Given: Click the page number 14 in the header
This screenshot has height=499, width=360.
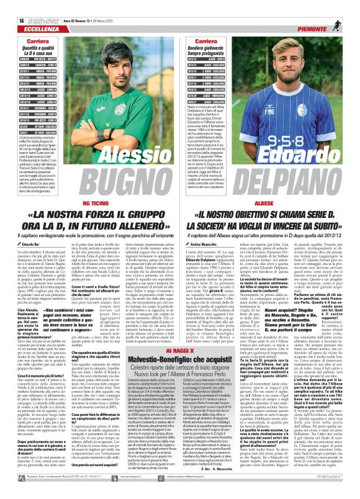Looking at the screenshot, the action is click(x=12, y=4).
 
